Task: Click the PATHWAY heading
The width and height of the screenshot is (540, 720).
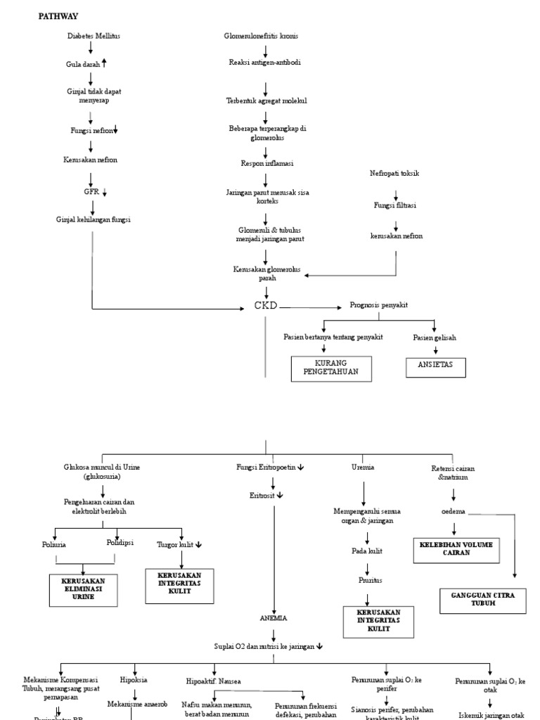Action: tap(58, 15)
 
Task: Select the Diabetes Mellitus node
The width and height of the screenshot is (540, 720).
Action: tap(94, 36)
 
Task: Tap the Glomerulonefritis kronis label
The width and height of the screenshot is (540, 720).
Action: tap(266, 36)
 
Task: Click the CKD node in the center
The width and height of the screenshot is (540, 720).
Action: tap(266, 305)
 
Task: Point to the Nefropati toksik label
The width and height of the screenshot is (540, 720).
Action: tap(394, 173)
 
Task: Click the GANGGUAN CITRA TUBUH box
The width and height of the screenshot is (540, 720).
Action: tap(482, 599)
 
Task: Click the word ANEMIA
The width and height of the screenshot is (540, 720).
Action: tap(274, 618)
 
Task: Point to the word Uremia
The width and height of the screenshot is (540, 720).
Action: tap(363, 467)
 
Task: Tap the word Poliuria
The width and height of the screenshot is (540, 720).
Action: tap(54, 544)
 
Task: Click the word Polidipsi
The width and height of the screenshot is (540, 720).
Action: tap(120, 542)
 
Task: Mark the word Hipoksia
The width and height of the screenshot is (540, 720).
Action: tap(134, 681)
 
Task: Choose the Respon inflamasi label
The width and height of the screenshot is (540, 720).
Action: tap(266, 163)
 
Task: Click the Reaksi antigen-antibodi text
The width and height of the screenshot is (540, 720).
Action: tap(265, 63)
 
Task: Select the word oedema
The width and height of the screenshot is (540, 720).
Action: tap(452, 511)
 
